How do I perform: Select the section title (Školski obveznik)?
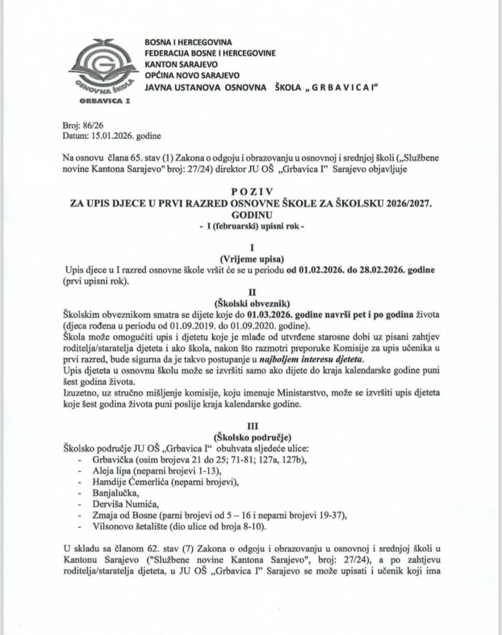[x=251, y=303]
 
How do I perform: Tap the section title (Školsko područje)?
[x=251, y=437]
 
